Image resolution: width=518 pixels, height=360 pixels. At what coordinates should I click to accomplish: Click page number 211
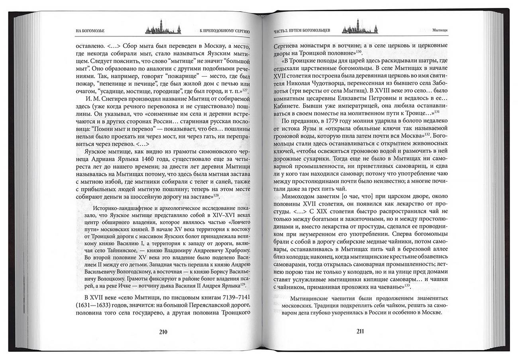tap(359, 332)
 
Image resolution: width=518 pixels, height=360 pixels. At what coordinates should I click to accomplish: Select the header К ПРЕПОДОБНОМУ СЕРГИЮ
tap(224, 31)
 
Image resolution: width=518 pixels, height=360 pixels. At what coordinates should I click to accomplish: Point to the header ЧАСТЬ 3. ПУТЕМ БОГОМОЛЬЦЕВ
tap(301, 31)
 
